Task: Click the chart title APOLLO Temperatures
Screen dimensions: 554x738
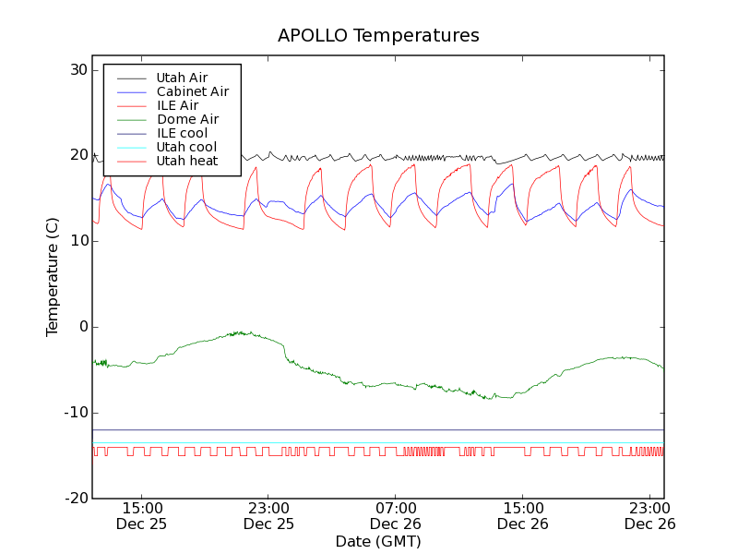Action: click(378, 36)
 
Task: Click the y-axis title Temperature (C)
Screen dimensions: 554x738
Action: click(53, 277)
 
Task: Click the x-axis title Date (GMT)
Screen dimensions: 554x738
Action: click(378, 541)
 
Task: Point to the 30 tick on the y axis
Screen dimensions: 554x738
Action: click(77, 70)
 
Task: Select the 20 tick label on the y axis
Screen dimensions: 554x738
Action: click(77, 156)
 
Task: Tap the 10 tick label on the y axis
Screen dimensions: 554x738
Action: click(77, 241)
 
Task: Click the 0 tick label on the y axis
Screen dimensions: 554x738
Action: click(82, 327)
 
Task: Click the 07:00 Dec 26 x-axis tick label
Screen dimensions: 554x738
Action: click(396, 515)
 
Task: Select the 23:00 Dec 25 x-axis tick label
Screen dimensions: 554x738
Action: click(268, 515)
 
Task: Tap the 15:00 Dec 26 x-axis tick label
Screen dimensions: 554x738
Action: click(522, 515)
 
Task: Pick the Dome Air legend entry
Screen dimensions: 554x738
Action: click(187, 119)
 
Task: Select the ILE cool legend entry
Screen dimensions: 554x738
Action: click(182, 133)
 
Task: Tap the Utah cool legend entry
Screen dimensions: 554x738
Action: click(186, 147)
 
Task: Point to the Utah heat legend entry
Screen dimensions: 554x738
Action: click(186, 161)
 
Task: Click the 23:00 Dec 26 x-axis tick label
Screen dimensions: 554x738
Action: click(649, 515)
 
